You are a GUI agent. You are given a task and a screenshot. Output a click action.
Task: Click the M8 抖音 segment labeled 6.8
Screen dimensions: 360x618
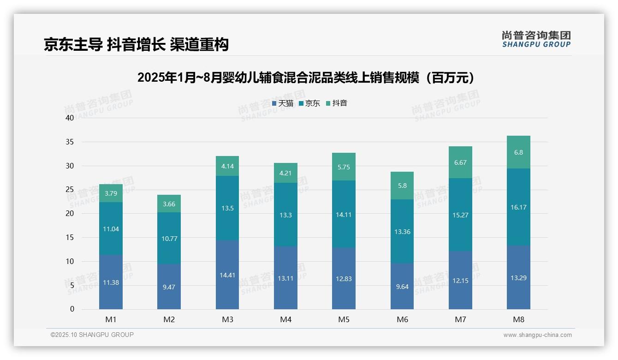[x=518, y=152]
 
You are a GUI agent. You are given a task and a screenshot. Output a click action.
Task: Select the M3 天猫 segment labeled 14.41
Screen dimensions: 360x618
[x=227, y=275]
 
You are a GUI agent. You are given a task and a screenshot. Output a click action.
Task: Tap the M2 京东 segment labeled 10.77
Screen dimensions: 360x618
[x=169, y=238]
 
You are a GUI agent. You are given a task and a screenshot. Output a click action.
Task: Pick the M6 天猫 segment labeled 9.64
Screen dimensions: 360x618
[x=402, y=286]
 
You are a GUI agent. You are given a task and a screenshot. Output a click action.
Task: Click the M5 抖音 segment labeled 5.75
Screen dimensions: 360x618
[x=344, y=167]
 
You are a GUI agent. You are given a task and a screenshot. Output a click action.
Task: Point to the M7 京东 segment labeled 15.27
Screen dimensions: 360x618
[x=460, y=215]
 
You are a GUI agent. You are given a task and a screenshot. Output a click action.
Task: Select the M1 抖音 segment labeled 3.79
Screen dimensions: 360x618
[x=111, y=193]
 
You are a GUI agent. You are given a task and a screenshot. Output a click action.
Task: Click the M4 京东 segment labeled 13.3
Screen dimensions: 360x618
[x=285, y=215]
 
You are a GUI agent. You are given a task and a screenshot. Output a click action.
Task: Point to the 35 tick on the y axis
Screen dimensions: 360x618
[x=70, y=142]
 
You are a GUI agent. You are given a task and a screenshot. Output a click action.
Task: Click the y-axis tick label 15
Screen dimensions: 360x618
[x=70, y=237]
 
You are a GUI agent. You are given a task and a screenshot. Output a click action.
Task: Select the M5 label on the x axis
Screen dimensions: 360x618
[x=344, y=319]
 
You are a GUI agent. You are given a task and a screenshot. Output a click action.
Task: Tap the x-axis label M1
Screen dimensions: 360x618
[x=111, y=319]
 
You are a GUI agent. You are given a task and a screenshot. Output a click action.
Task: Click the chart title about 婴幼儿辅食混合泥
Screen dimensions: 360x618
[x=306, y=78]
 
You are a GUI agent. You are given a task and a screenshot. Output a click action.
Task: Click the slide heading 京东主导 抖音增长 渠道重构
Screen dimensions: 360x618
[x=136, y=44]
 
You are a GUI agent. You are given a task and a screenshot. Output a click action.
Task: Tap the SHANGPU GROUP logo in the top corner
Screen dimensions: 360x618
[x=536, y=39]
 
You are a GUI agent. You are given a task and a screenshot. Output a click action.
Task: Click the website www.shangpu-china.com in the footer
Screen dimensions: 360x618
[x=537, y=335]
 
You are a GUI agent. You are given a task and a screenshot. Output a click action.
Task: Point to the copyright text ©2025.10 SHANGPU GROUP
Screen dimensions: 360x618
[x=92, y=335]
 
